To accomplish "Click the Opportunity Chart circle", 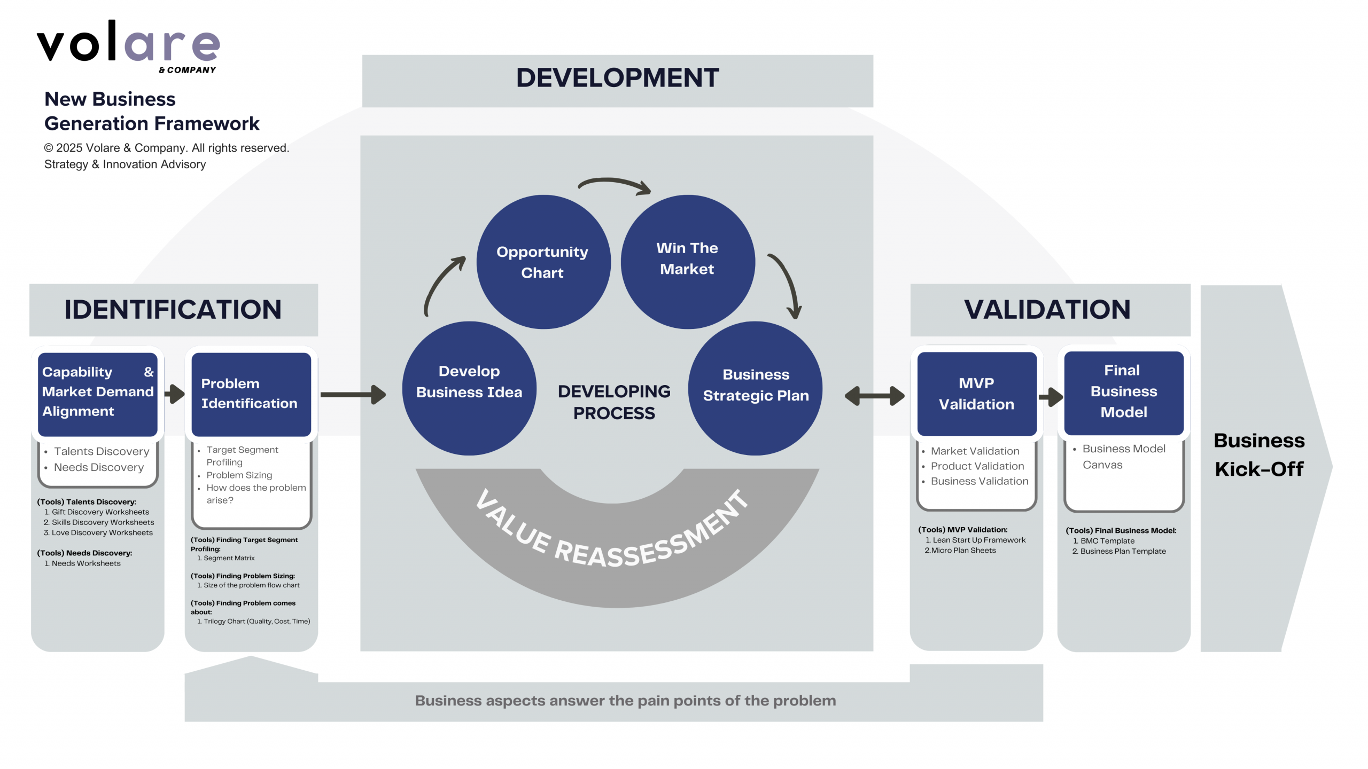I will point(543,262).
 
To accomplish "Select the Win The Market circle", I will point(687,262).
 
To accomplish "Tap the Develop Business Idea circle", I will point(469,388).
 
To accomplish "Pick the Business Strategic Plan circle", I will point(755,388).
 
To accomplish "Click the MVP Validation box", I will point(976,394).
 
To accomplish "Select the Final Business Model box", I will point(1123,392).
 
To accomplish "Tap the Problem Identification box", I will point(251,394).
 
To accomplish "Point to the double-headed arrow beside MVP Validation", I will point(874,396).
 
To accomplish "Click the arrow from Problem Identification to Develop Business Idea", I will point(353,395).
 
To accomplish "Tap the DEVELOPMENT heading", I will point(617,79).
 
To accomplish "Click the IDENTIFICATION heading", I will point(173,310).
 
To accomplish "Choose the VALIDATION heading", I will point(1047,310).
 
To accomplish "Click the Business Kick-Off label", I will point(1259,454).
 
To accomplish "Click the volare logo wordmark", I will point(128,43).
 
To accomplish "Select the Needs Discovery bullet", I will point(99,467).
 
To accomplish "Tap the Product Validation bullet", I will point(977,466).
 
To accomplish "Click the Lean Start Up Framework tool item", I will point(978,540).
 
